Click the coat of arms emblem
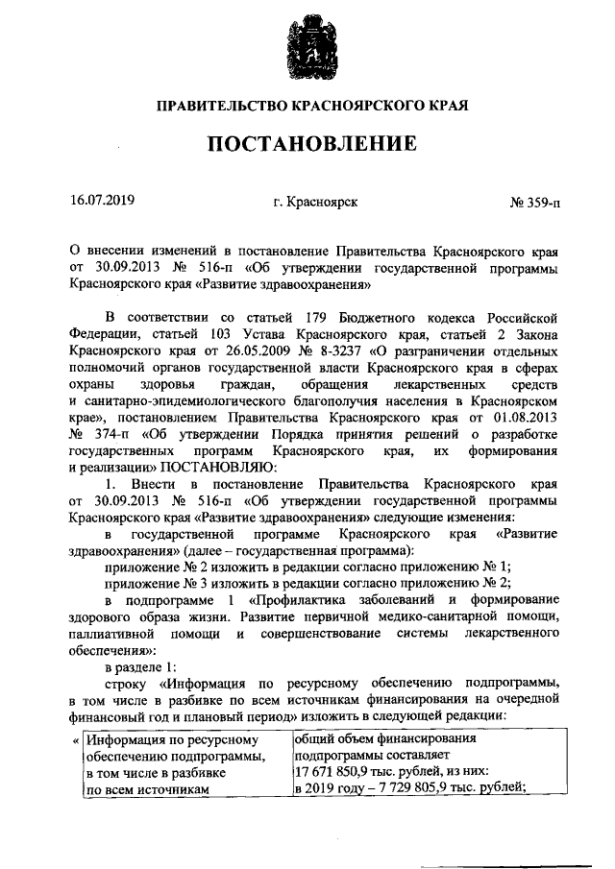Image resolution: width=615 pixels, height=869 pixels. point(307,49)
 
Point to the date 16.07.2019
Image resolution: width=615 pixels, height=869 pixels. point(103,201)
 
